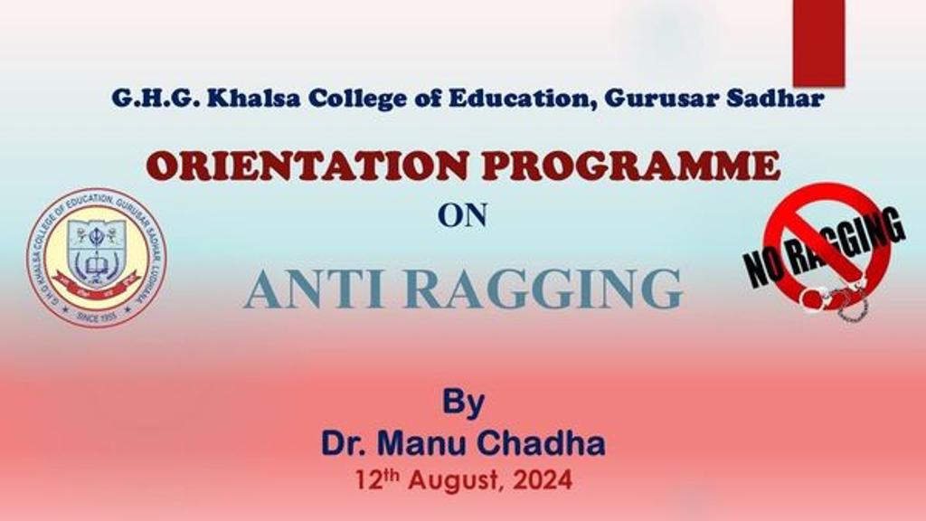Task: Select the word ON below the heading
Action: click(463, 214)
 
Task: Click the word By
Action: click(463, 402)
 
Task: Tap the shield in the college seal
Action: click(96, 250)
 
